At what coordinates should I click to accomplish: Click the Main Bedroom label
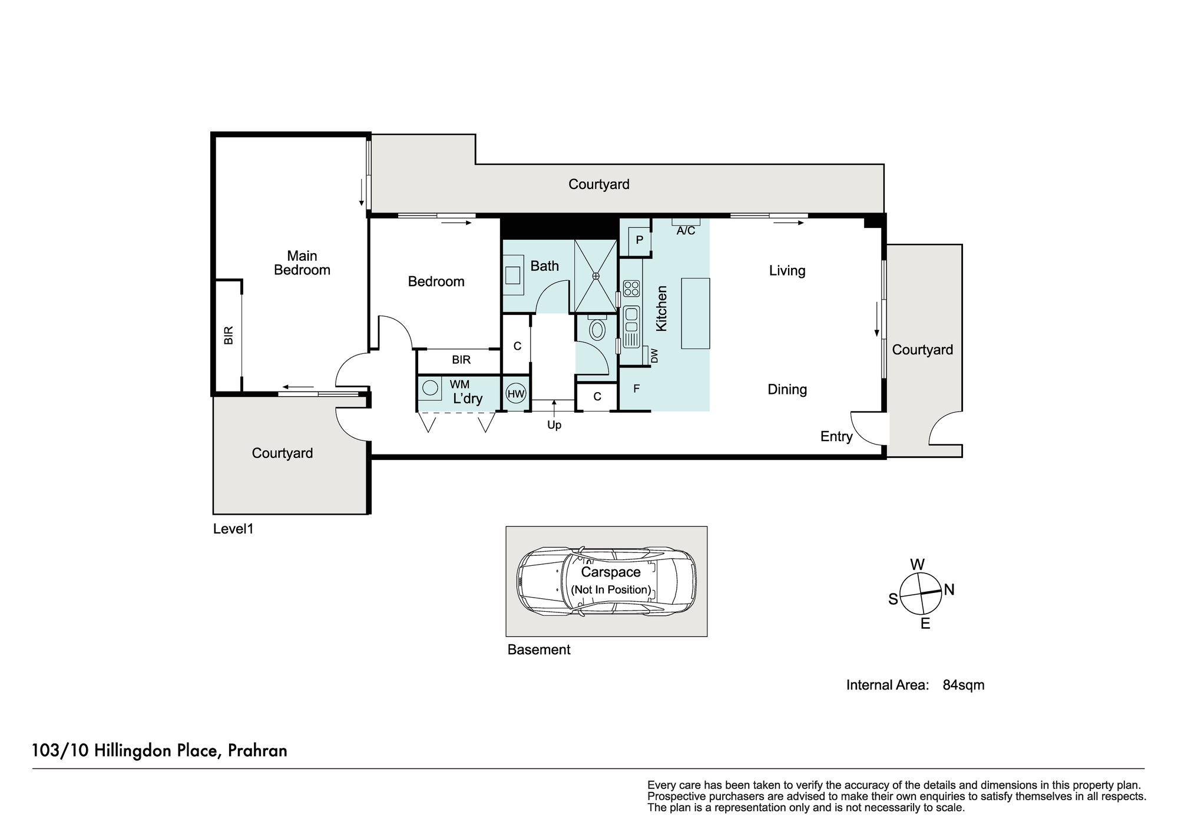pos(302,263)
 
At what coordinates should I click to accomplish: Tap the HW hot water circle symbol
pos(516,394)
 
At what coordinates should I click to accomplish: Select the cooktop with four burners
pos(631,289)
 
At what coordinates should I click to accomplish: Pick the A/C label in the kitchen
pos(686,231)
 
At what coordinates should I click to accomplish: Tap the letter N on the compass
pos(949,589)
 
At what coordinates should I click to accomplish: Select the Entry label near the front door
pos(836,436)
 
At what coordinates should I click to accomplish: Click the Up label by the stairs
pos(554,425)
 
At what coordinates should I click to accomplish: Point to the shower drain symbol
pos(595,276)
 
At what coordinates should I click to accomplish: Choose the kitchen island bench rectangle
pos(696,313)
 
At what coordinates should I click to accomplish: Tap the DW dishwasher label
pos(654,356)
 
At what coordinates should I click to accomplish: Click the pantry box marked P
pos(639,240)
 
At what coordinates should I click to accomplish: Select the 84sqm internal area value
pos(964,685)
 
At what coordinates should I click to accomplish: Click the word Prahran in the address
pos(257,751)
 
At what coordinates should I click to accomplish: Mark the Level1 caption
pos(233,529)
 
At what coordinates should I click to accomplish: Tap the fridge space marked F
pos(636,389)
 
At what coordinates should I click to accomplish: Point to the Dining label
pos(787,389)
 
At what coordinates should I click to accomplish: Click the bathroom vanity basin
pos(513,275)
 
